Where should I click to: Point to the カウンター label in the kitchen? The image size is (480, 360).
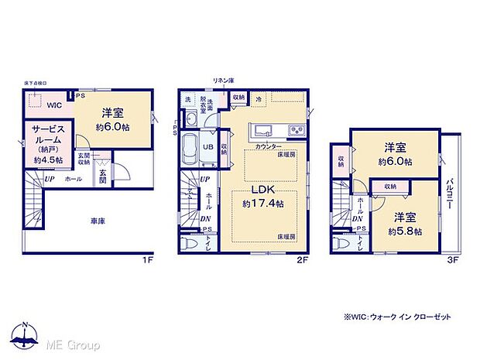point(268,146)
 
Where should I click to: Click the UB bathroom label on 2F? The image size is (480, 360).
point(208,146)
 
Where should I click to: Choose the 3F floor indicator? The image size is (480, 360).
point(454,261)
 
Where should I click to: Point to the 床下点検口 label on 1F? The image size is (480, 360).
point(36,82)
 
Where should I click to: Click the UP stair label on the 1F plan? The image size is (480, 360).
point(49,179)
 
